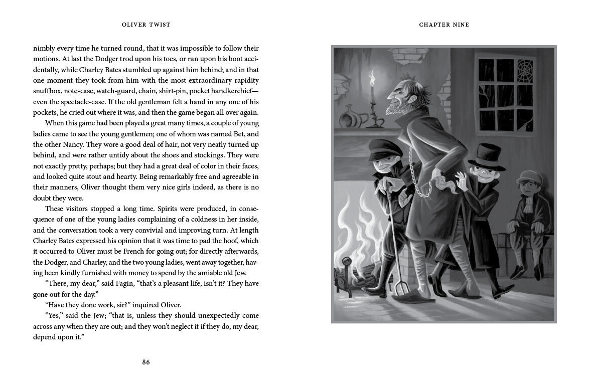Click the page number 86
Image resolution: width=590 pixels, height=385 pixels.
[x=145, y=362]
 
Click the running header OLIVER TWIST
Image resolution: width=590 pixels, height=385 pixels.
[x=146, y=25]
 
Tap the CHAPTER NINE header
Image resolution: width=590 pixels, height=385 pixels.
[x=444, y=25]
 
